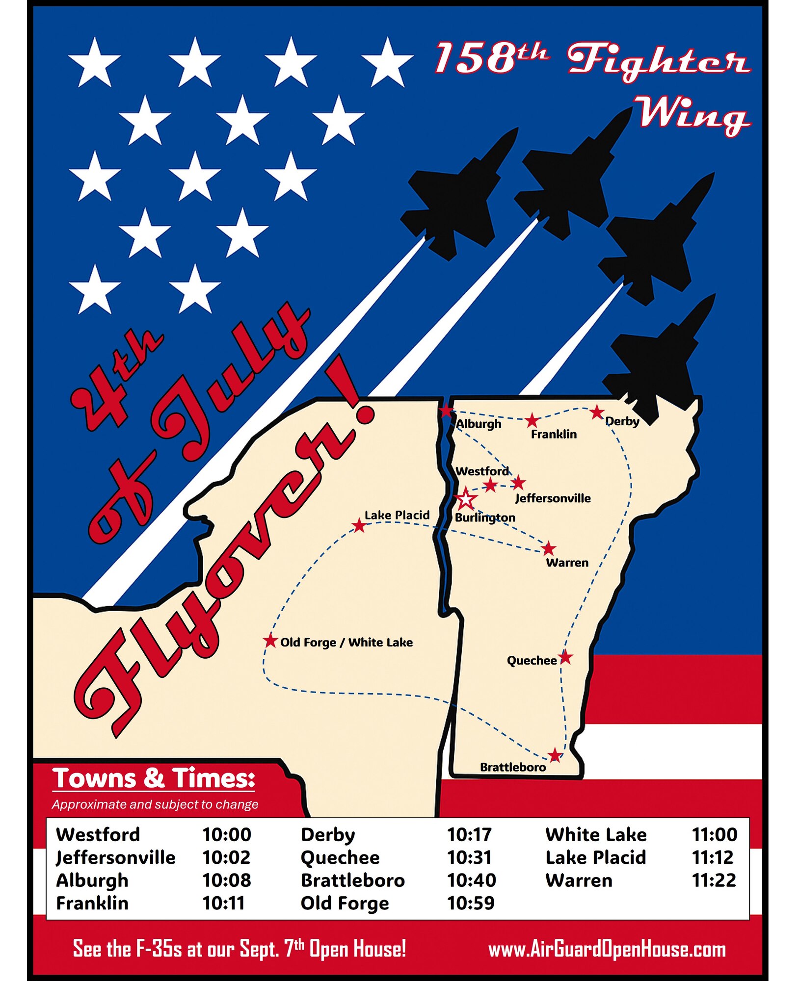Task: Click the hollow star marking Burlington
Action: coord(466,499)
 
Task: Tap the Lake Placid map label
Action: coord(397,515)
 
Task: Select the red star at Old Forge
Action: coord(270,641)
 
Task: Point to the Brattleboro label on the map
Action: coord(512,767)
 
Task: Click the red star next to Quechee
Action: coord(565,657)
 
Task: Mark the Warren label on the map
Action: coord(567,563)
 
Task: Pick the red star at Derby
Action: coord(597,412)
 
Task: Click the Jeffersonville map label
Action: coord(553,498)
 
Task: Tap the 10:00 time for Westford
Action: coord(227,834)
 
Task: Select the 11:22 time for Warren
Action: coord(714,880)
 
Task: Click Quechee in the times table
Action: coord(340,857)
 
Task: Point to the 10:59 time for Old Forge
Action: coord(471,903)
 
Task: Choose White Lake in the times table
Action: coord(596,834)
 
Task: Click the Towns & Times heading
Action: coord(154,778)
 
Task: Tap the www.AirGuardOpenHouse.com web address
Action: coord(607,949)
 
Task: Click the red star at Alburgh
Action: coord(446,411)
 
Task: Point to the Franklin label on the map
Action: coord(554,434)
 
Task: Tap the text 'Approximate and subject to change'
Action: coord(155,804)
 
